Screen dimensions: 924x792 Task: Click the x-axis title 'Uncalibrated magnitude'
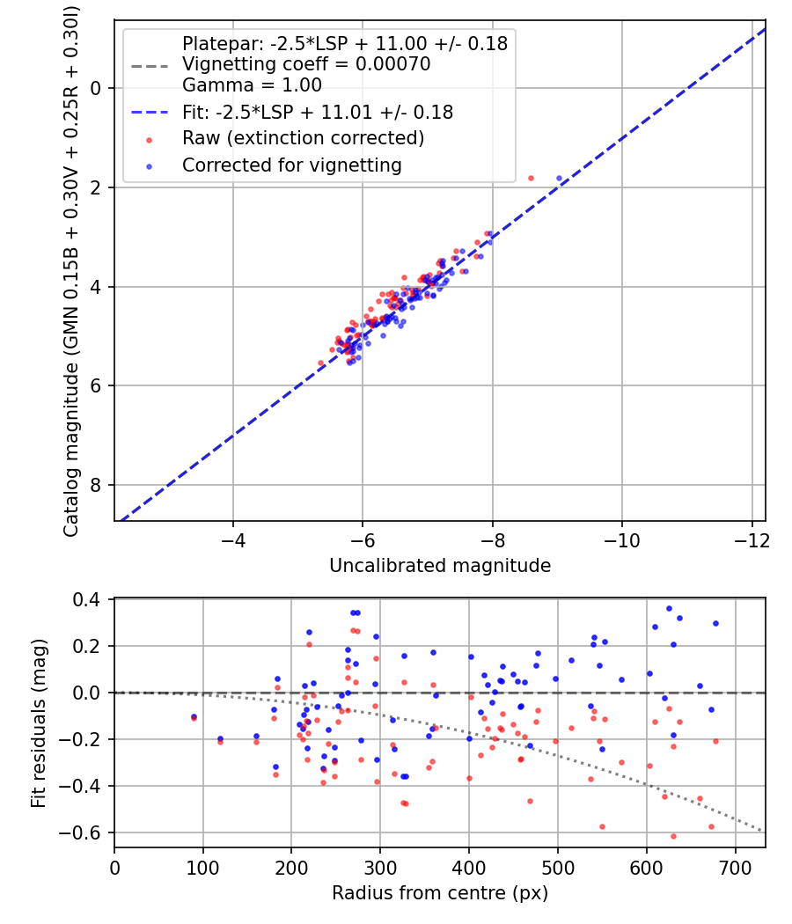[440, 566]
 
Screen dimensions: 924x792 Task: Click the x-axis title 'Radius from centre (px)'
[440, 893]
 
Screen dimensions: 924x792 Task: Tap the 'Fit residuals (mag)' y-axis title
[38, 722]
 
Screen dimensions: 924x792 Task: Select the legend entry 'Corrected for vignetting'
[291, 165]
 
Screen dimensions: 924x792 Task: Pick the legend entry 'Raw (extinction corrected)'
[303, 138]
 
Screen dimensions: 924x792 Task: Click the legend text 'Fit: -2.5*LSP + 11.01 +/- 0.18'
[318, 113]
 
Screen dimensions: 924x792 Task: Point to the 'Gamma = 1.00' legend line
[252, 85]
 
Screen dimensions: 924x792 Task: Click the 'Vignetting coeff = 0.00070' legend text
[306, 64]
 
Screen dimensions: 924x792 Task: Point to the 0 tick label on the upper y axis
[98, 88]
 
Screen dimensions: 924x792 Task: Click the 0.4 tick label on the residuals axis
[93, 600]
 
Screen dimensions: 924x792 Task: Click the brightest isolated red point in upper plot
[531, 178]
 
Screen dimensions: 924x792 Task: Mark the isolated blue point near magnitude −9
[559, 178]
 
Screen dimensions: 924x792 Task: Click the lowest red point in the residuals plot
[673, 836]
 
